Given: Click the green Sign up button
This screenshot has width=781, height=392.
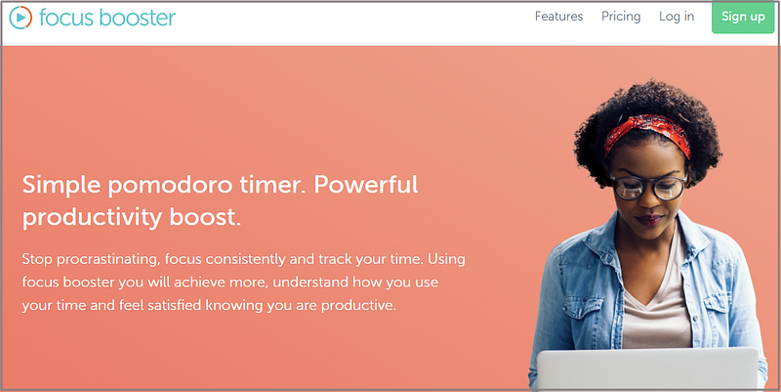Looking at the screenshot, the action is pos(743,17).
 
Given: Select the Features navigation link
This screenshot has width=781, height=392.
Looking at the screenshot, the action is pos(558,17).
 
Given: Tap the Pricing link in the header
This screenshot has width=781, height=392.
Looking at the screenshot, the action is pos(621,17).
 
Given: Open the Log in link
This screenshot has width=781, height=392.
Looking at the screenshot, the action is pos(677,17).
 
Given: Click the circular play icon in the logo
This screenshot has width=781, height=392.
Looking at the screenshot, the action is pos(21,18).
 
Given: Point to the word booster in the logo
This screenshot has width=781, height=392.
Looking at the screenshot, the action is pos(137,18).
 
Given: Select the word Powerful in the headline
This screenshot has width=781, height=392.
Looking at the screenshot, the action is pos(366,185).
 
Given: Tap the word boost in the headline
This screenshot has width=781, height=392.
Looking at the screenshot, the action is pos(205,217).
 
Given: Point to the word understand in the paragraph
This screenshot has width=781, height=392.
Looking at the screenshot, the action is pos(310,283).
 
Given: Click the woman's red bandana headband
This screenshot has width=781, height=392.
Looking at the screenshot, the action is pos(647,131).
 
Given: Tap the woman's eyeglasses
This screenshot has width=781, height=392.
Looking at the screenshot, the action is pos(649,187).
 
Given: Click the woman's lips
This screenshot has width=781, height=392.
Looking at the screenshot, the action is pos(649,220).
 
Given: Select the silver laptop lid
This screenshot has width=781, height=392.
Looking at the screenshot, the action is pos(647,370).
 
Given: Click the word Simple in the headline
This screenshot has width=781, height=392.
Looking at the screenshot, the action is pos(62,186).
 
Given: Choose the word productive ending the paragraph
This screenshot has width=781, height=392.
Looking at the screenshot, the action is pos(358,305).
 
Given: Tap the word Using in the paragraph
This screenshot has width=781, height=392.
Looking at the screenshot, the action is pos(446,260).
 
